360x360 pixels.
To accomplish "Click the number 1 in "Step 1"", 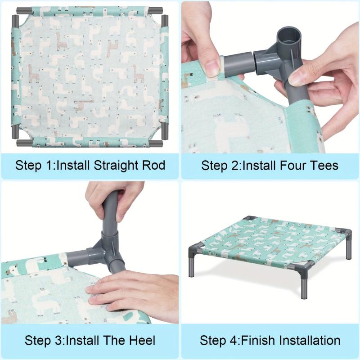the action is [49, 165].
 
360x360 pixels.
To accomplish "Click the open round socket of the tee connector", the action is [288, 37].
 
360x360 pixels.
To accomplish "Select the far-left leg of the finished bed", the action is [191, 264].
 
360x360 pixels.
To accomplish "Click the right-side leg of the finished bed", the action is [349, 249].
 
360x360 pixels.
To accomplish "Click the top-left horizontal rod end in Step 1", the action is [24, 10].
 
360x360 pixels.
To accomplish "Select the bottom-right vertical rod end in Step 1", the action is [165, 131].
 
